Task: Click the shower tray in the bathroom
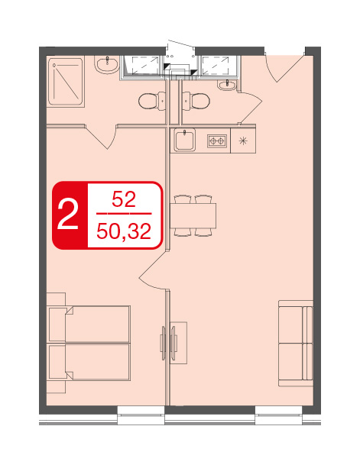(65, 81)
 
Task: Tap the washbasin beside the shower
(107, 64)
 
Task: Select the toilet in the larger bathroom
(152, 101)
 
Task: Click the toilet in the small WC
(196, 101)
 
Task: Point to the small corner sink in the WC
(227, 85)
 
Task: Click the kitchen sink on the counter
(185, 140)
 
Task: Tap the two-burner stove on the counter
(216, 141)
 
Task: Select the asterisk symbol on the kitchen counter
(243, 140)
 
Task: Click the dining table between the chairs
(193, 215)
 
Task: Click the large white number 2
(68, 215)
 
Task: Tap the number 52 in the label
(124, 199)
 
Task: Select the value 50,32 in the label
(124, 231)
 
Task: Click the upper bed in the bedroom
(89, 325)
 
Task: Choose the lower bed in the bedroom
(89, 362)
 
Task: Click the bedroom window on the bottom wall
(141, 415)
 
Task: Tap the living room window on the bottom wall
(279, 415)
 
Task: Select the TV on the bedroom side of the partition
(163, 343)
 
